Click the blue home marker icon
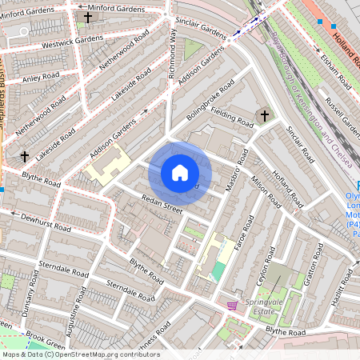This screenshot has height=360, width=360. (x=180, y=173)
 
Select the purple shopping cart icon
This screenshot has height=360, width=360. (x=232, y=305)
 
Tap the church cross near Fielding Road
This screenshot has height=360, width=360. (x=262, y=116)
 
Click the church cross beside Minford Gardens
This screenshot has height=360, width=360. (x=87, y=17)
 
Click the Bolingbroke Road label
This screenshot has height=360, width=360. (x=210, y=100)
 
